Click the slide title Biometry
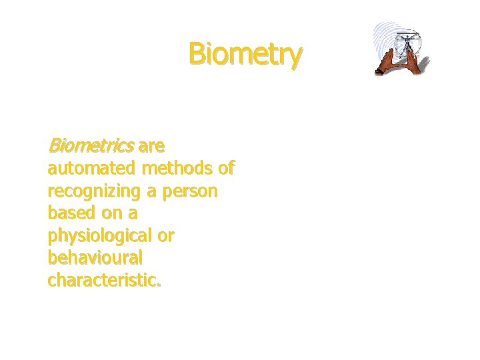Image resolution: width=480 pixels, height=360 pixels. pos(245,55)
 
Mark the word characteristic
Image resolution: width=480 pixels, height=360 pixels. pos(104,281)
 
